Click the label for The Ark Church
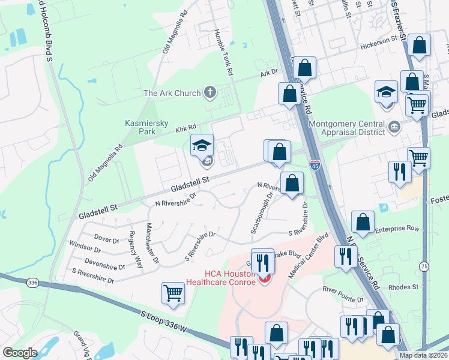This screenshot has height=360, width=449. click(x=172, y=93)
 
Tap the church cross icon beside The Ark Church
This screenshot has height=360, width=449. click(x=209, y=92)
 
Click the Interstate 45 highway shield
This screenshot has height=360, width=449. click(x=315, y=164)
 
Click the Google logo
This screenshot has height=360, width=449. click(x=20, y=353)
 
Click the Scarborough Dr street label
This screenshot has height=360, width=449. click(x=262, y=212)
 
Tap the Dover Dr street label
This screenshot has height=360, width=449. click(x=106, y=239)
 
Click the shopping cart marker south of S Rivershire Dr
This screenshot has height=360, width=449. click(x=173, y=293)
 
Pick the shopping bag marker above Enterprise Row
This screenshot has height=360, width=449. click(x=363, y=222)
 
